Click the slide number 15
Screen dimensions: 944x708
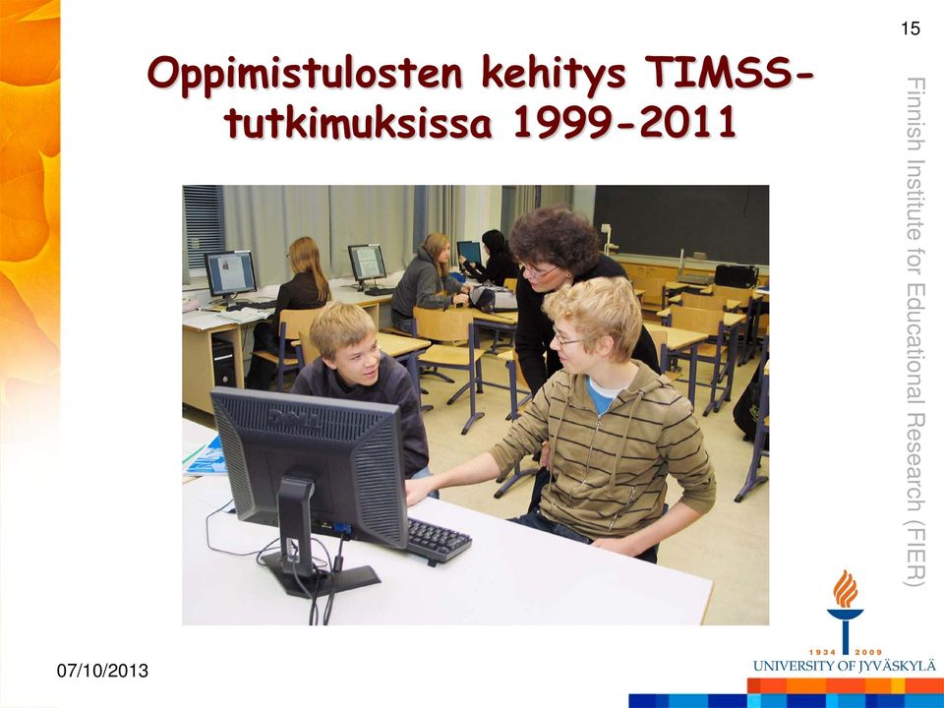tap(911, 29)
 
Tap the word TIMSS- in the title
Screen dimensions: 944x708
tap(729, 72)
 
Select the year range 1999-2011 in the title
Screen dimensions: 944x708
tap(624, 121)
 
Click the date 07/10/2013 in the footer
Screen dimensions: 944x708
tap(102, 671)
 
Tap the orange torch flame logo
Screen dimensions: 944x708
tap(846, 589)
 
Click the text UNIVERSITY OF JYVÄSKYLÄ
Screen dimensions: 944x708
tap(844, 666)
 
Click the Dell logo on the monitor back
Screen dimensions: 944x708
tap(294, 417)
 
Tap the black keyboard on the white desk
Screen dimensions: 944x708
tap(438, 540)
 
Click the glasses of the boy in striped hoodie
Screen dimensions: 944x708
tap(567, 339)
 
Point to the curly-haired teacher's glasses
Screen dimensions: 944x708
tap(539, 272)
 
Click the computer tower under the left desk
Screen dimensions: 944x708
tap(223, 361)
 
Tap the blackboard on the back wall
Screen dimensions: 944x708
tap(680, 224)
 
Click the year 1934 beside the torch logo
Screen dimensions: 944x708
tap(822, 652)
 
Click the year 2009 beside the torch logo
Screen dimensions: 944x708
tap(868, 652)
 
